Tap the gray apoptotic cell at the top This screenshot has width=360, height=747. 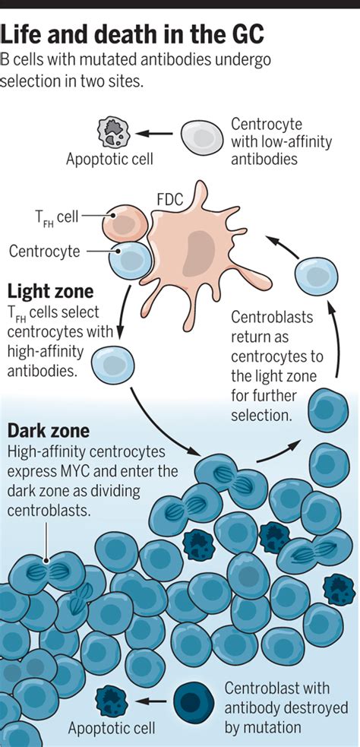115,133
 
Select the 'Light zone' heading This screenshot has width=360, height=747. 50,292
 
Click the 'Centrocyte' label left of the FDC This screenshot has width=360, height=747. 44,251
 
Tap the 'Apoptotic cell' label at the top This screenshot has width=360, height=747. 109,160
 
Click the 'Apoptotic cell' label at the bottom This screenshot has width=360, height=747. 111,729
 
